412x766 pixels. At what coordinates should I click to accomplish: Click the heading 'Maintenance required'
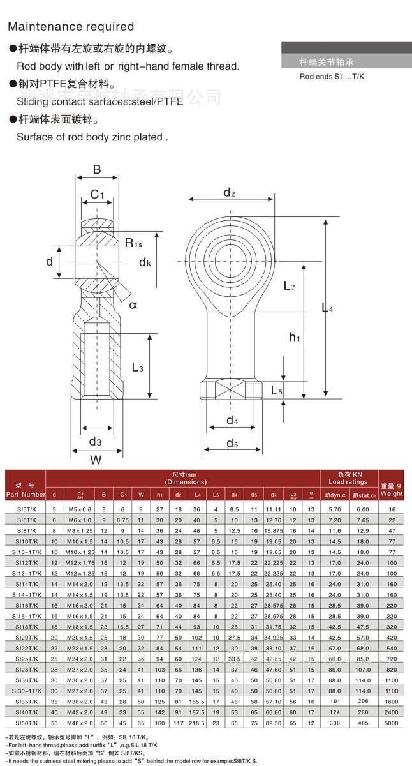[71, 26]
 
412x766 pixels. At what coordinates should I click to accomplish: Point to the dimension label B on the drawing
[97, 169]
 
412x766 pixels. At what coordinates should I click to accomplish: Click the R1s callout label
[133, 243]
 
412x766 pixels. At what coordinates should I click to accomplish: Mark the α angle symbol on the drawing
[133, 304]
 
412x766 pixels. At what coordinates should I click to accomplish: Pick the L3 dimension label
[137, 367]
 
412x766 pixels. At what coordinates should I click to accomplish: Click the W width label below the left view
[96, 458]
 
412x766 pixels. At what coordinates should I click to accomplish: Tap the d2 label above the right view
[230, 193]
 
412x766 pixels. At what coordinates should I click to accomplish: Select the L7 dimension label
[289, 287]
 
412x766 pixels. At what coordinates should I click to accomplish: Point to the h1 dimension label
[294, 337]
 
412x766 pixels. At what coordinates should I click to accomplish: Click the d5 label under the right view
[232, 443]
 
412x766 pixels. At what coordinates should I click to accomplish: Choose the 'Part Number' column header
[26, 494]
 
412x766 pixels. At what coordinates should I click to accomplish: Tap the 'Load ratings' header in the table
[348, 482]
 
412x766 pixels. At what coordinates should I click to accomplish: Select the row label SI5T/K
[26, 509]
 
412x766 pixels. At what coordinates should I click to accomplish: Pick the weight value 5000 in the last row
[392, 723]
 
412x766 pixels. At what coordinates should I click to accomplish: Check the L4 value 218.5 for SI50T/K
[197, 723]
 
